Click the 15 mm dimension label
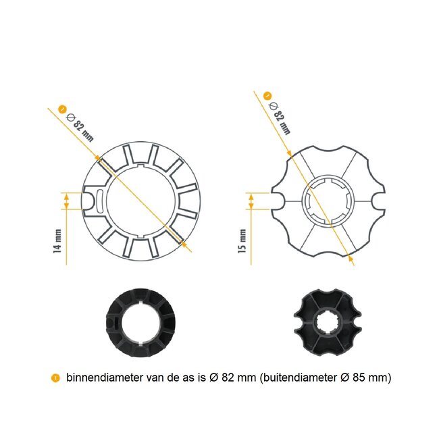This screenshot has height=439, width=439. click(x=243, y=240)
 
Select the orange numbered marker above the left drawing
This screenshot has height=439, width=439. click(x=63, y=107)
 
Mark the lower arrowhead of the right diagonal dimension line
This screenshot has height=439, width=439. click(x=351, y=256)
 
